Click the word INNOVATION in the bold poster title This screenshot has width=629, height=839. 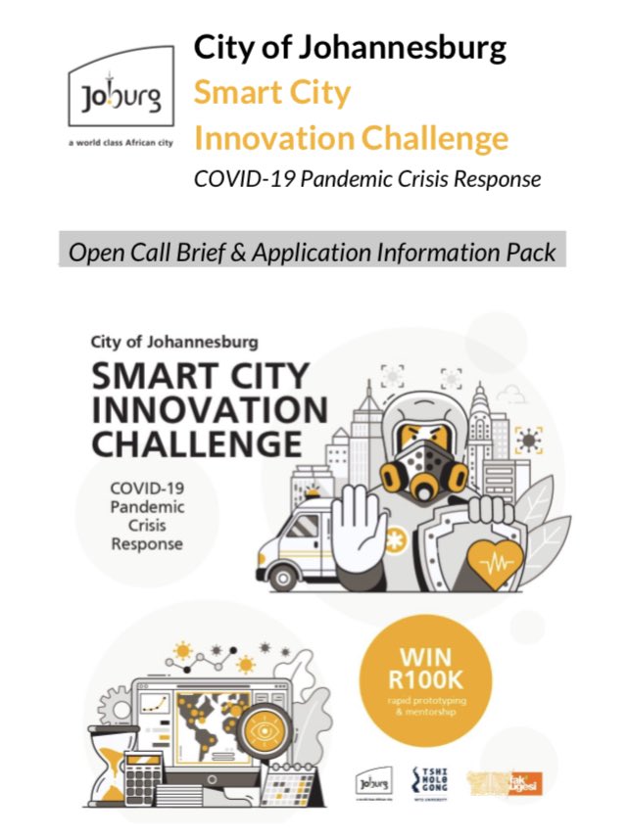[210, 409]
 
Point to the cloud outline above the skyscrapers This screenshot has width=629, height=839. [513, 393]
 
